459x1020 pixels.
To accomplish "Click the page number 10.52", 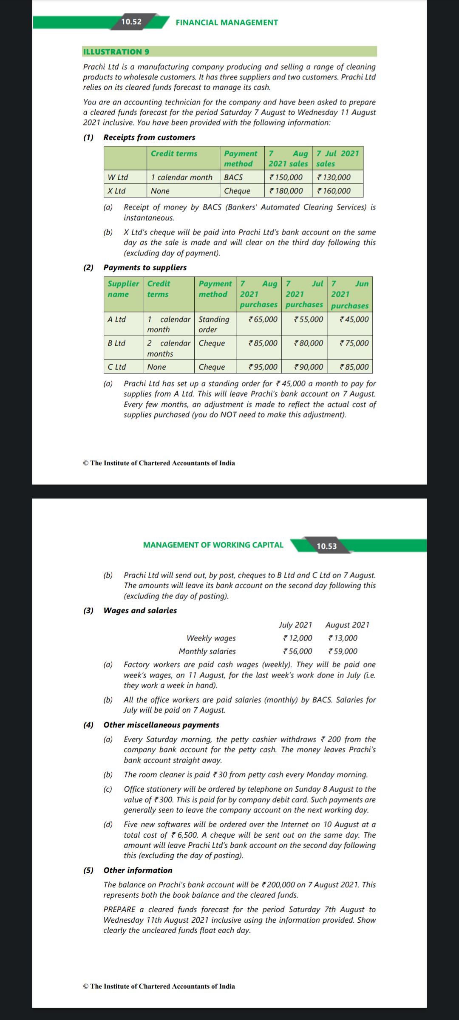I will [131, 22].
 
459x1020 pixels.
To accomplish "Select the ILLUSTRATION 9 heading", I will [116, 52].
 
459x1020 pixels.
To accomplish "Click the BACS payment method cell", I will [233, 177].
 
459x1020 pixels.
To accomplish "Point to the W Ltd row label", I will [118, 177].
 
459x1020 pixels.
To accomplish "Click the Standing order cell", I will [214, 324].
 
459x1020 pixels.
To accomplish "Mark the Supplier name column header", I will [123, 289].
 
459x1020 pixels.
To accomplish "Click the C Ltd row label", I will [117, 367].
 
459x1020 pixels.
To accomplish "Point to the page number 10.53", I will [326, 546].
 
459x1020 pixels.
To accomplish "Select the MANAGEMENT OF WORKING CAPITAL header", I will [213, 545].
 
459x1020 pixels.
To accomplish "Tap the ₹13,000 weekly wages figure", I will [343, 638].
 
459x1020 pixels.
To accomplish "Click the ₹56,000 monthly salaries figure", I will [297, 651].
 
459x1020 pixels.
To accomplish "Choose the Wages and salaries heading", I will [140, 610].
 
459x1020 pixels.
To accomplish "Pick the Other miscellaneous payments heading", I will [161, 725].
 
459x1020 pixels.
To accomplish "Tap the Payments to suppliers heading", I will [145, 267].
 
